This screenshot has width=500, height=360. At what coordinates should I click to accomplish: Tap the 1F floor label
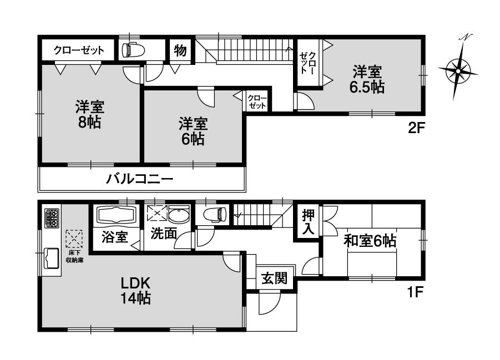coord(416,290)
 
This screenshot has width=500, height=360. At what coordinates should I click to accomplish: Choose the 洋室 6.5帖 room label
coord(367,79)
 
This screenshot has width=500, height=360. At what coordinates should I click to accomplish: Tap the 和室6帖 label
coord(370,241)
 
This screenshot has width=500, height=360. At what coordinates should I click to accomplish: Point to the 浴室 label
coord(115,237)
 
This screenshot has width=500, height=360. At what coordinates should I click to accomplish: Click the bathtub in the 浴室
coord(117,215)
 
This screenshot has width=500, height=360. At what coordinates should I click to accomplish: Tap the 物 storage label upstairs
coord(179,50)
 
